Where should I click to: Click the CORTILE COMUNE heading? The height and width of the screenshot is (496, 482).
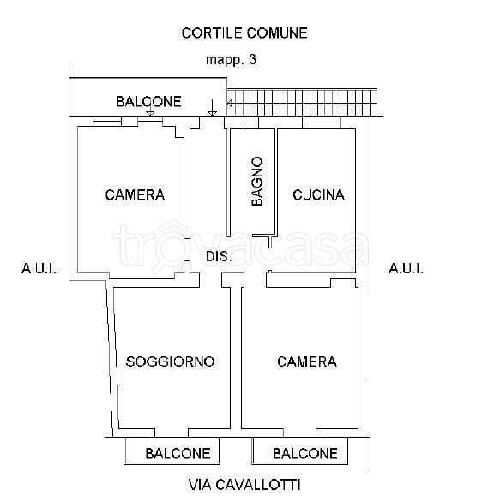[244, 33]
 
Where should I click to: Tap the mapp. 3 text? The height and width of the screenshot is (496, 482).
[231, 60]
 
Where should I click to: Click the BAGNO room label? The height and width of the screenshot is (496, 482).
[257, 182]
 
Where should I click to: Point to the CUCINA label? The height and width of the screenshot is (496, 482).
[318, 194]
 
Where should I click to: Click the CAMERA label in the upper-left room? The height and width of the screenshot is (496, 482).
[135, 194]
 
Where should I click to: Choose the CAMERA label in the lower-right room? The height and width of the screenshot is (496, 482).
[307, 362]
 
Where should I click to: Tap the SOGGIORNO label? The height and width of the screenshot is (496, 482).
[170, 361]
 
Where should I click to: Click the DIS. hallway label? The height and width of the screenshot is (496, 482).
[218, 256]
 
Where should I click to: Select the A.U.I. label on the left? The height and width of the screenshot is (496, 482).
[39, 269]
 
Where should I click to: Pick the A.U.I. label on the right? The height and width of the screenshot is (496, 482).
[406, 269]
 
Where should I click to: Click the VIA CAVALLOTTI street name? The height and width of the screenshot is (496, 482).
[244, 484]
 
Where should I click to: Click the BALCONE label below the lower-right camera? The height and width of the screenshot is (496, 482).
[304, 453]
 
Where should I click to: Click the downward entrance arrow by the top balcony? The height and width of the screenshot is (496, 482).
[211, 108]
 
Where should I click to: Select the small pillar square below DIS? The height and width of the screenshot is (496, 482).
[227, 280]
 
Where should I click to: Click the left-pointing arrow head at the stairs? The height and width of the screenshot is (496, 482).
[229, 105]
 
